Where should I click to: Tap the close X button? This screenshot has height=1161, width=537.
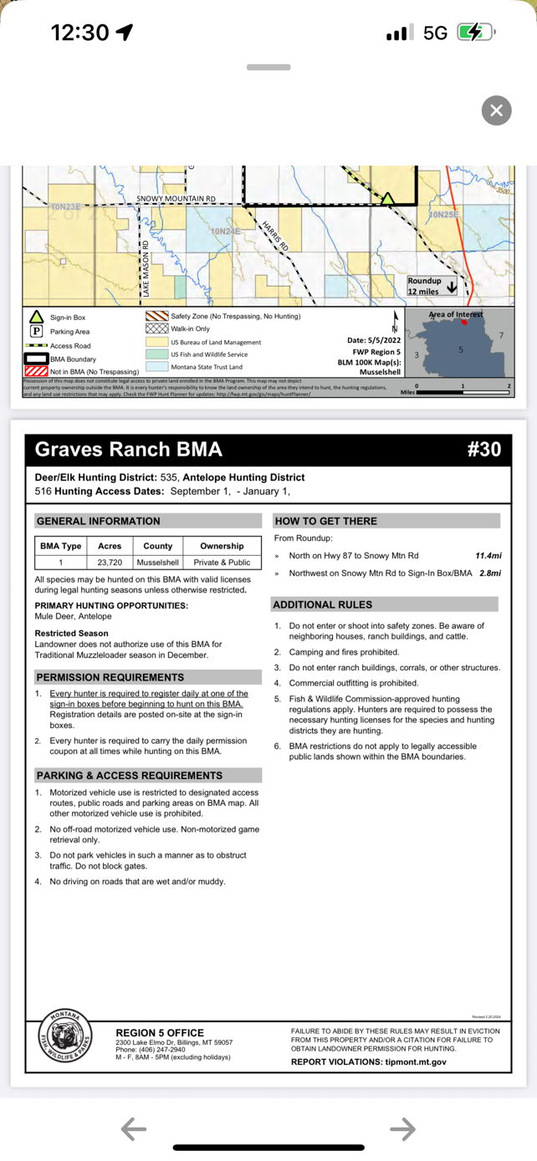(x=496, y=110)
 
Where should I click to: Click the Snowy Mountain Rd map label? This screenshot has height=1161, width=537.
(x=176, y=199)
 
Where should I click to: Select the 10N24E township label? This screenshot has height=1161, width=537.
(x=225, y=230)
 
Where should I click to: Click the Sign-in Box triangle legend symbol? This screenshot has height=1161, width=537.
(x=37, y=318)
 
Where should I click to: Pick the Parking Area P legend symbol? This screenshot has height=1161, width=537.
(x=37, y=332)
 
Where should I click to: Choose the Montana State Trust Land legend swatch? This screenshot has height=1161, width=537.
(x=157, y=367)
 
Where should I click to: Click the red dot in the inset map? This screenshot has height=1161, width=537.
(x=465, y=322)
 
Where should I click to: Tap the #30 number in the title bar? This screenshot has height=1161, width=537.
(x=483, y=450)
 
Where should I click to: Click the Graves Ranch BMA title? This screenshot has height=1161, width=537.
(x=128, y=450)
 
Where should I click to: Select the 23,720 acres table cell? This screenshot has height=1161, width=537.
(x=110, y=563)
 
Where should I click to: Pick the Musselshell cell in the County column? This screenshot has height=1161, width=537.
(x=158, y=563)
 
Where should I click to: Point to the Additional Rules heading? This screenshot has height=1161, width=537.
(x=323, y=604)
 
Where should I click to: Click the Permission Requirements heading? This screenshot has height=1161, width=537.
(x=110, y=677)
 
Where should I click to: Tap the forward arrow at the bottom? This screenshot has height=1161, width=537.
(x=402, y=1129)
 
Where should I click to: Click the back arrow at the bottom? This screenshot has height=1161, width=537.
(x=134, y=1129)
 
